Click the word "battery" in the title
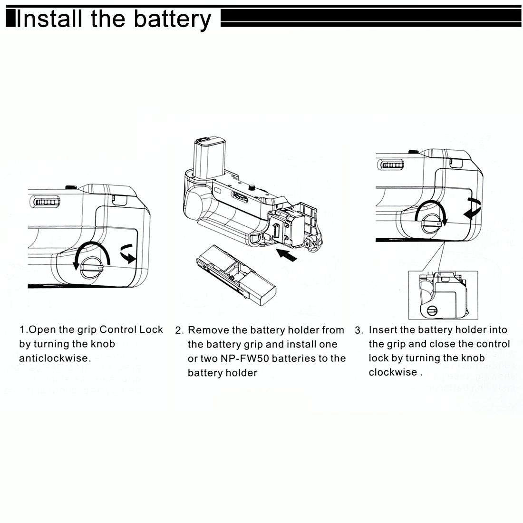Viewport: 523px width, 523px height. click(x=172, y=19)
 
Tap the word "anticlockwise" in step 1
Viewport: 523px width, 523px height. click(x=54, y=358)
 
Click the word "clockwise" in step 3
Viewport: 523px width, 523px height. click(x=393, y=372)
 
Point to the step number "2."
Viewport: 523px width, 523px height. click(x=179, y=330)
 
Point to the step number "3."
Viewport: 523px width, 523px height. click(x=359, y=330)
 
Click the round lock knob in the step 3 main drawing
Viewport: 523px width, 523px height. click(x=431, y=220)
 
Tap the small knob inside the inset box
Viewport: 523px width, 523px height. click(x=432, y=311)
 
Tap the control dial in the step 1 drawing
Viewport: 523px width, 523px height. click(x=45, y=202)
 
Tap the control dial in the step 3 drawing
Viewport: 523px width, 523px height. click(x=392, y=165)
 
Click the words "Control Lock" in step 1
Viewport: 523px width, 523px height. click(x=131, y=329)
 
